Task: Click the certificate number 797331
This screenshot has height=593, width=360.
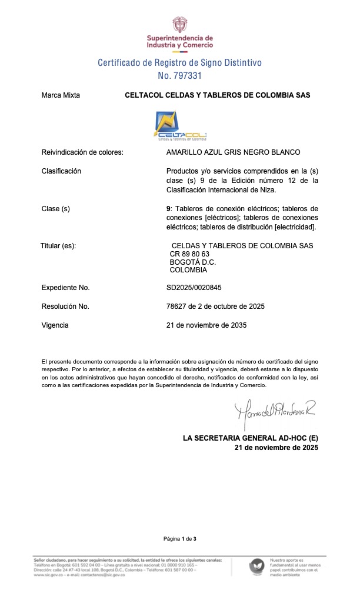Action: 189,76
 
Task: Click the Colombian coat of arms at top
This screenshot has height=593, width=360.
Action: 180,25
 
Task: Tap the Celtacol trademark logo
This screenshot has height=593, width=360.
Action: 180,125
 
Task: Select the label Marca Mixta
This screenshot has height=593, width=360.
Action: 61,95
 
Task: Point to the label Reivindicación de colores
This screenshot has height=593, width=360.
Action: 82,152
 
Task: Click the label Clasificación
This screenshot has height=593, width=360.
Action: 61,171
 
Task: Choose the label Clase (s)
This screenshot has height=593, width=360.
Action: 56,209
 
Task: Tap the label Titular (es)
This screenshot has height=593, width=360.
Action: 58,245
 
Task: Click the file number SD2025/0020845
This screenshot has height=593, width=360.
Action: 194,288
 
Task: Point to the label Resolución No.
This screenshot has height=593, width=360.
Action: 65,307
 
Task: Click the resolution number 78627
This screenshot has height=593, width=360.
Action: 177,307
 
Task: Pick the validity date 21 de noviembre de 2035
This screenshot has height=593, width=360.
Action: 206,325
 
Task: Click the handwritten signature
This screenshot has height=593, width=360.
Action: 274,409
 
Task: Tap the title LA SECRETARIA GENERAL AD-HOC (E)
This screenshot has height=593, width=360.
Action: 251,438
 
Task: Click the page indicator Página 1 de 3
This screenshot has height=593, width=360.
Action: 180,539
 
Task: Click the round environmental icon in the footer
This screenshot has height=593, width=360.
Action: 256,567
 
